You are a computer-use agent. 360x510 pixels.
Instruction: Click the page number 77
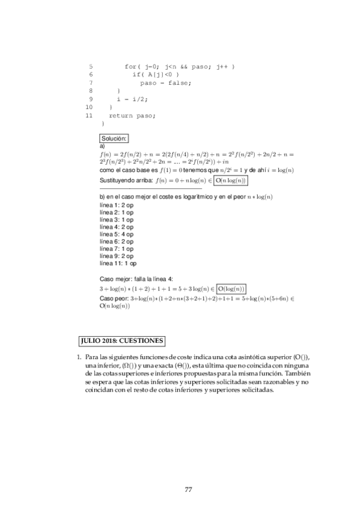coord(188,488)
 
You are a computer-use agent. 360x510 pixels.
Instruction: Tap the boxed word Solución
coord(114,139)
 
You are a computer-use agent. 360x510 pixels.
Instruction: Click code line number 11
coord(89,115)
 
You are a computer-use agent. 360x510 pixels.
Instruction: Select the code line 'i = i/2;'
coord(132,99)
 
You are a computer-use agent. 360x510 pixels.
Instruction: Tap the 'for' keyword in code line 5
coord(131,66)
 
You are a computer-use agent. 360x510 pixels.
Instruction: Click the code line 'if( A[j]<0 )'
coord(156,75)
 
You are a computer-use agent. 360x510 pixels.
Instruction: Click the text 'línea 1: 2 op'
coord(117,206)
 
